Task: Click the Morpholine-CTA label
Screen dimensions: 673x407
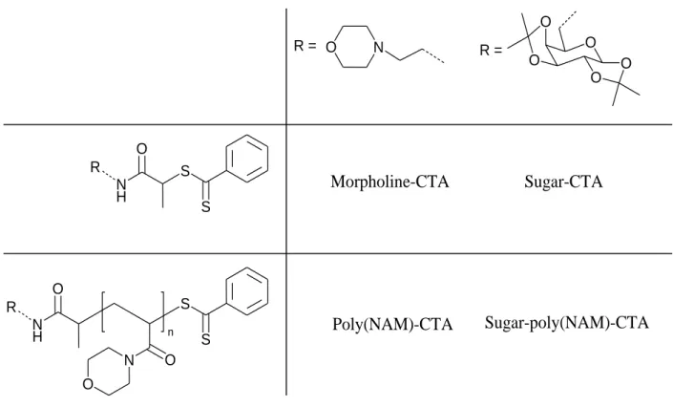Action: [389, 182]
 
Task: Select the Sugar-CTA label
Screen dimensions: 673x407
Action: [563, 182]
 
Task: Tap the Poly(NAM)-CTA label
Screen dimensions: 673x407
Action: [392, 324]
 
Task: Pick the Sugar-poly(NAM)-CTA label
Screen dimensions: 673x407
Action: [566, 322]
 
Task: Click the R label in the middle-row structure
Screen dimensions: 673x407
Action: [95, 167]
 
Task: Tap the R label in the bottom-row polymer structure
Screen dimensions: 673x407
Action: [11, 308]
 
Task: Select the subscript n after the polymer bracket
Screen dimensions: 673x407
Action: [171, 332]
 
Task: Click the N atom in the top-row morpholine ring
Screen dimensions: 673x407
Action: [378, 47]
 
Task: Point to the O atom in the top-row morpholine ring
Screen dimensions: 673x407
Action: [330, 47]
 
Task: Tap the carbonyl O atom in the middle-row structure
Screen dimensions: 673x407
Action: [141, 149]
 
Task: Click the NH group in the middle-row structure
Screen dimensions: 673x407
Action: [121, 190]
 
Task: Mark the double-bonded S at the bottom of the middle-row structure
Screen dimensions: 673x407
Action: [206, 206]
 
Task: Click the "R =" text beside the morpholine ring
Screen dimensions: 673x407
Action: [305, 46]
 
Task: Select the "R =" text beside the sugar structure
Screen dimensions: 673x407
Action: [491, 51]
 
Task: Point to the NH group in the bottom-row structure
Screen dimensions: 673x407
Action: [37, 330]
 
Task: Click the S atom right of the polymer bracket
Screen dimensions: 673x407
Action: [185, 304]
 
